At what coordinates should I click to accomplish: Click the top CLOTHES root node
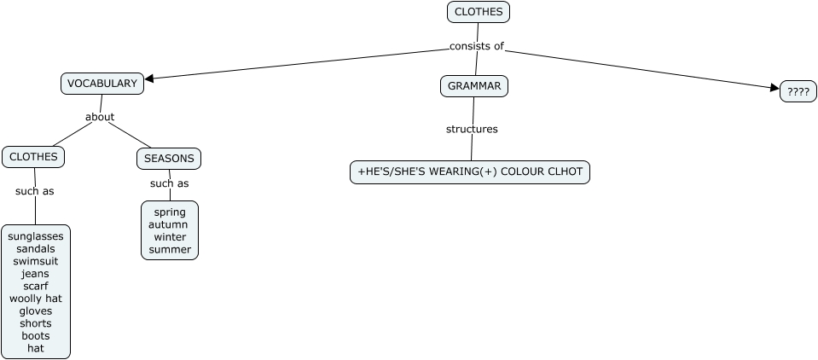(x=478, y=12)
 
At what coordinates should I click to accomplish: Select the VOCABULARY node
(x=102, y=84)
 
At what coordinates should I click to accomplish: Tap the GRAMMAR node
(x=474, y=86)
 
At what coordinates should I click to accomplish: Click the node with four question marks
(x=798, y=92)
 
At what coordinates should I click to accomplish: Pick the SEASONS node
(x=169, y=159)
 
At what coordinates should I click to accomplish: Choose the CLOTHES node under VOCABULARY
(x=33, y=157)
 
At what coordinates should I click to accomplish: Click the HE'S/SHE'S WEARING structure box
(x=469, y=172)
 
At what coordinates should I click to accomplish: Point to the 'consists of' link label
(x=477, y=46)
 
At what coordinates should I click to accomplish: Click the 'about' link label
(x=100, y=117)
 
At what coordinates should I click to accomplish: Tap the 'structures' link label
(x=472, y=130)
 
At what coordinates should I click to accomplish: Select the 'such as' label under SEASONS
(x=169, y=183)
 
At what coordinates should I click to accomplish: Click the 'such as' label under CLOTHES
(x=34, y=191)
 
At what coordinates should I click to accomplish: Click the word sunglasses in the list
(x=36, y=236)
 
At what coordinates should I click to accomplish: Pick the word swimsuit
(x=36, y=261)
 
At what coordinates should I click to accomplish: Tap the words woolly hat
(x=36, y=299)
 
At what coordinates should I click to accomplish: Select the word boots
(x=36, y=335)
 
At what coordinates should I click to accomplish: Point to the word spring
(x=169, y=212)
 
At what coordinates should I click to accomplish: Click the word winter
(x=170, y=236)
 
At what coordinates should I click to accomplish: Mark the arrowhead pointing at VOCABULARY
(x=150, y=79)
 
